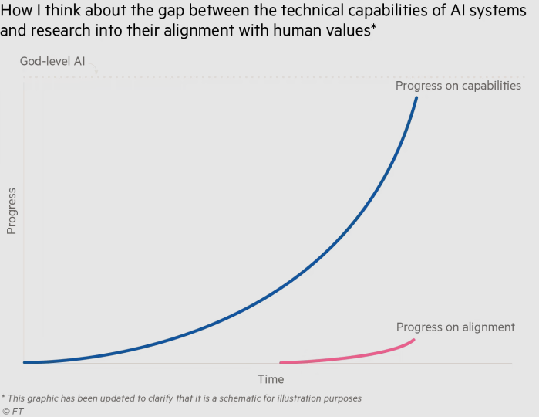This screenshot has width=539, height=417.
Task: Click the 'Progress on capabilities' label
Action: click(458, 86)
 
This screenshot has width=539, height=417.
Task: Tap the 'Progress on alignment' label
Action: click(455, 327)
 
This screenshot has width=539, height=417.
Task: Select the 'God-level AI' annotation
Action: click(53, 61)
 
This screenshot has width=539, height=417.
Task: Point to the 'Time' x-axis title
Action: click(271, 379)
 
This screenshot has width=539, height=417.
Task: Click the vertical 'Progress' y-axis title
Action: click(12, 209)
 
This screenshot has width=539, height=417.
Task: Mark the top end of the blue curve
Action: click(417, 97)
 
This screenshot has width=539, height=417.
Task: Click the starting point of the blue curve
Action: click(25, 361)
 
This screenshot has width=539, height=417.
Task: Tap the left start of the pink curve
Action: click(281, 362)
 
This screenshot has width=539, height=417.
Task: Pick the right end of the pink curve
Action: click(415, 340)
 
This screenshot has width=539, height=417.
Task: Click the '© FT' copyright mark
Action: click(12, 411)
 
